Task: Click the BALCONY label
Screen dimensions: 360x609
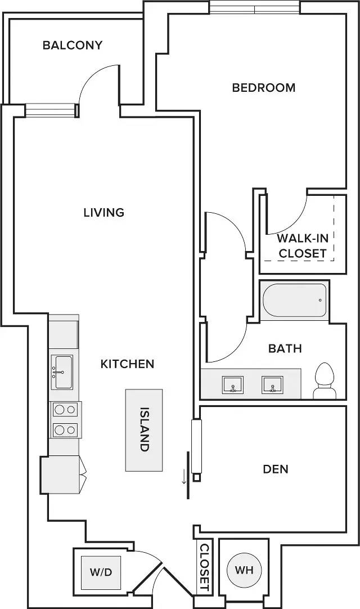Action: tap(72, 46)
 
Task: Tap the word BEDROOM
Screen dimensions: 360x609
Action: tap(264, 88)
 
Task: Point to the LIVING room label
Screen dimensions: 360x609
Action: tap(104, 212)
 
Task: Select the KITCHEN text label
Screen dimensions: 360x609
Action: tap(127, 364)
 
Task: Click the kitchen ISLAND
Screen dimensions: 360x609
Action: tap(143, 431)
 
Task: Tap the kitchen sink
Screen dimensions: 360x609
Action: tap(62, 372)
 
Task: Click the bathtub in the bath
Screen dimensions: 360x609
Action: tap(295, 300)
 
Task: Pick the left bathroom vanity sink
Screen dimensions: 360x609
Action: tap(233, 384)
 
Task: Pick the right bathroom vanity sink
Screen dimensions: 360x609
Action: tap(272, 384)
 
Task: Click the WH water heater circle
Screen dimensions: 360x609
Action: tap(244, 570)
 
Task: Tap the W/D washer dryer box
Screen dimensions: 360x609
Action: tap(101, 572)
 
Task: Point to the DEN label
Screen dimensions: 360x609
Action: tap(276, 469)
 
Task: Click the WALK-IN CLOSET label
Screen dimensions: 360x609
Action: tap(303, 245)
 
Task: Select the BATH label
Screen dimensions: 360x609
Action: tap(285, 348)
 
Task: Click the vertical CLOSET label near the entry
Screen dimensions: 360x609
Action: tap(204, 567)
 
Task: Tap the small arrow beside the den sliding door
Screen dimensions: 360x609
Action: tap(184, 476)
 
